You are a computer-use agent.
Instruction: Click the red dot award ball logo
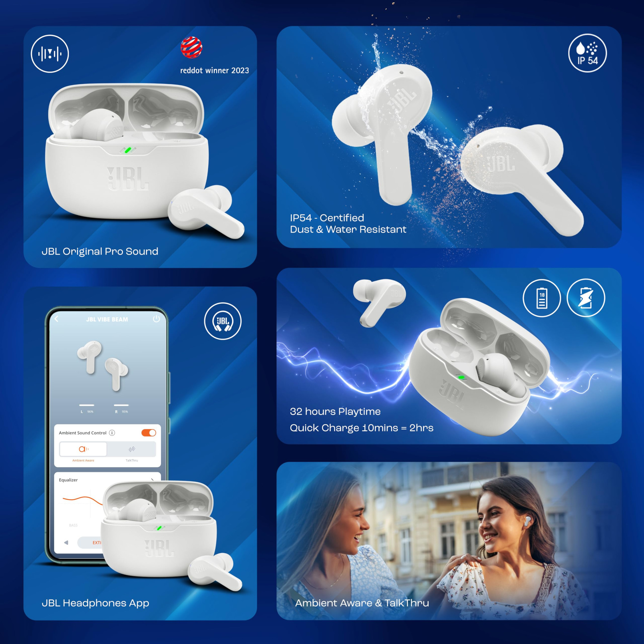click(x=191, y=47)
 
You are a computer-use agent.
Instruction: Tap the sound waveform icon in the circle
click(x=50, y=54)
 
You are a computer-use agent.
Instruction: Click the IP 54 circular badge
click(x=587, y=53)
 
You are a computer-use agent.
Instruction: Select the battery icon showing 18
click(x=542, y=298)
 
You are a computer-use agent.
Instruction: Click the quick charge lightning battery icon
click(x=586, y=298)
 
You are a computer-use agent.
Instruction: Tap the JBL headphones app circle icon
click(x=223, y=321)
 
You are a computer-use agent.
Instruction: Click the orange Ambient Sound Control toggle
click(x=149, y=433)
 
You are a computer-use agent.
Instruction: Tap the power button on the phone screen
click(x=156, y=319)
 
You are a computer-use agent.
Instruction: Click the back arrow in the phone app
click(x=56, y=319)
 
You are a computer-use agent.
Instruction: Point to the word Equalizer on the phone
click(x=68, y=480)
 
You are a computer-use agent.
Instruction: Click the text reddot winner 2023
click(x=214, y=71)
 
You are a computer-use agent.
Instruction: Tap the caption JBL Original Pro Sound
click(x=100, y=251)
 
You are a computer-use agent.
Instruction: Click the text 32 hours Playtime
click(x=335, y=411)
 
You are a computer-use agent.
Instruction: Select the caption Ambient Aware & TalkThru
click(x=362, y=603)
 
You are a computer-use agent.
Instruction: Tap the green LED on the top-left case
click(x=128, y=150)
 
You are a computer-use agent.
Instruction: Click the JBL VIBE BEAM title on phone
click(x=107, y=319)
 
